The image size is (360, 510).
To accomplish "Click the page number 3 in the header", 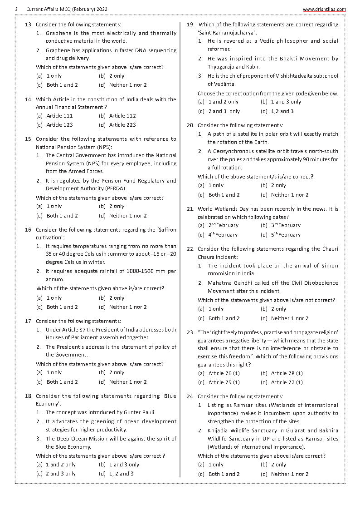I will [16, 9].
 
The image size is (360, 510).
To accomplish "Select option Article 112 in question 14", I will [122, 116].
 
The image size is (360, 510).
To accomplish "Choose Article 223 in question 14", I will [122, 125].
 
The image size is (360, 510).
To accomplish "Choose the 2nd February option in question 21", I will [223, 226].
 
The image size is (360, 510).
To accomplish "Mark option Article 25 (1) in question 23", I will [224, 382].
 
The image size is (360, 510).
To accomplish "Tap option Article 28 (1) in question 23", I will [287, 373].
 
